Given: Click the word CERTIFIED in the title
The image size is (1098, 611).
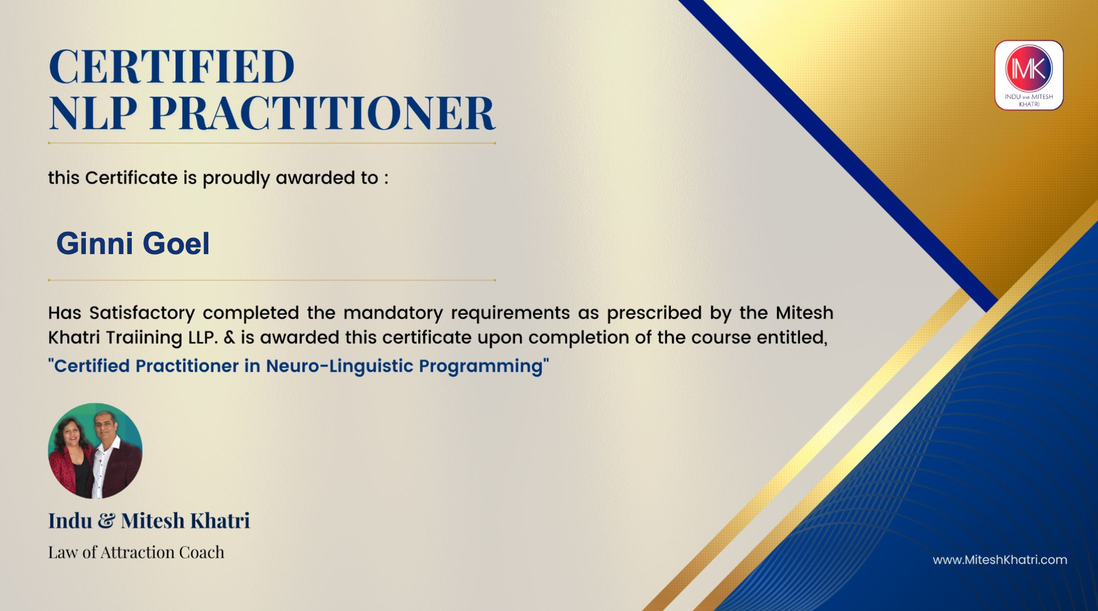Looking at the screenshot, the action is point(172,67).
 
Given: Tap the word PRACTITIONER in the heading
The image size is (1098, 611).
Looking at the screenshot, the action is point(323,113).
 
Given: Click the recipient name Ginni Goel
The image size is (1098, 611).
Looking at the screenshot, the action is point(133,243).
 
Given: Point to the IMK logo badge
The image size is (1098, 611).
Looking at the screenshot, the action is point(1029,75).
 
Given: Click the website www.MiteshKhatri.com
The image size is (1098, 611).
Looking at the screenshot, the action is point(1000,560).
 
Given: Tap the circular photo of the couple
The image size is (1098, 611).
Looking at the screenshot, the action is point(95,451).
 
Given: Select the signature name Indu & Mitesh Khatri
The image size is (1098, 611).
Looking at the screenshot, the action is point(149,521).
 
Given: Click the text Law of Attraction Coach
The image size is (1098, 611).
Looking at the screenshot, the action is point(136,553).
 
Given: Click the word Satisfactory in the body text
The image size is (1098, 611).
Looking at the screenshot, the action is point(142,313).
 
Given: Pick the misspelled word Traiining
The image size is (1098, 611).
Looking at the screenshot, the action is point(144,338).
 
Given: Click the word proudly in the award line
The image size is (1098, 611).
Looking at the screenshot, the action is point(236,178).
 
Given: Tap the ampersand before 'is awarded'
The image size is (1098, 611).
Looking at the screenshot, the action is point(229,337).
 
